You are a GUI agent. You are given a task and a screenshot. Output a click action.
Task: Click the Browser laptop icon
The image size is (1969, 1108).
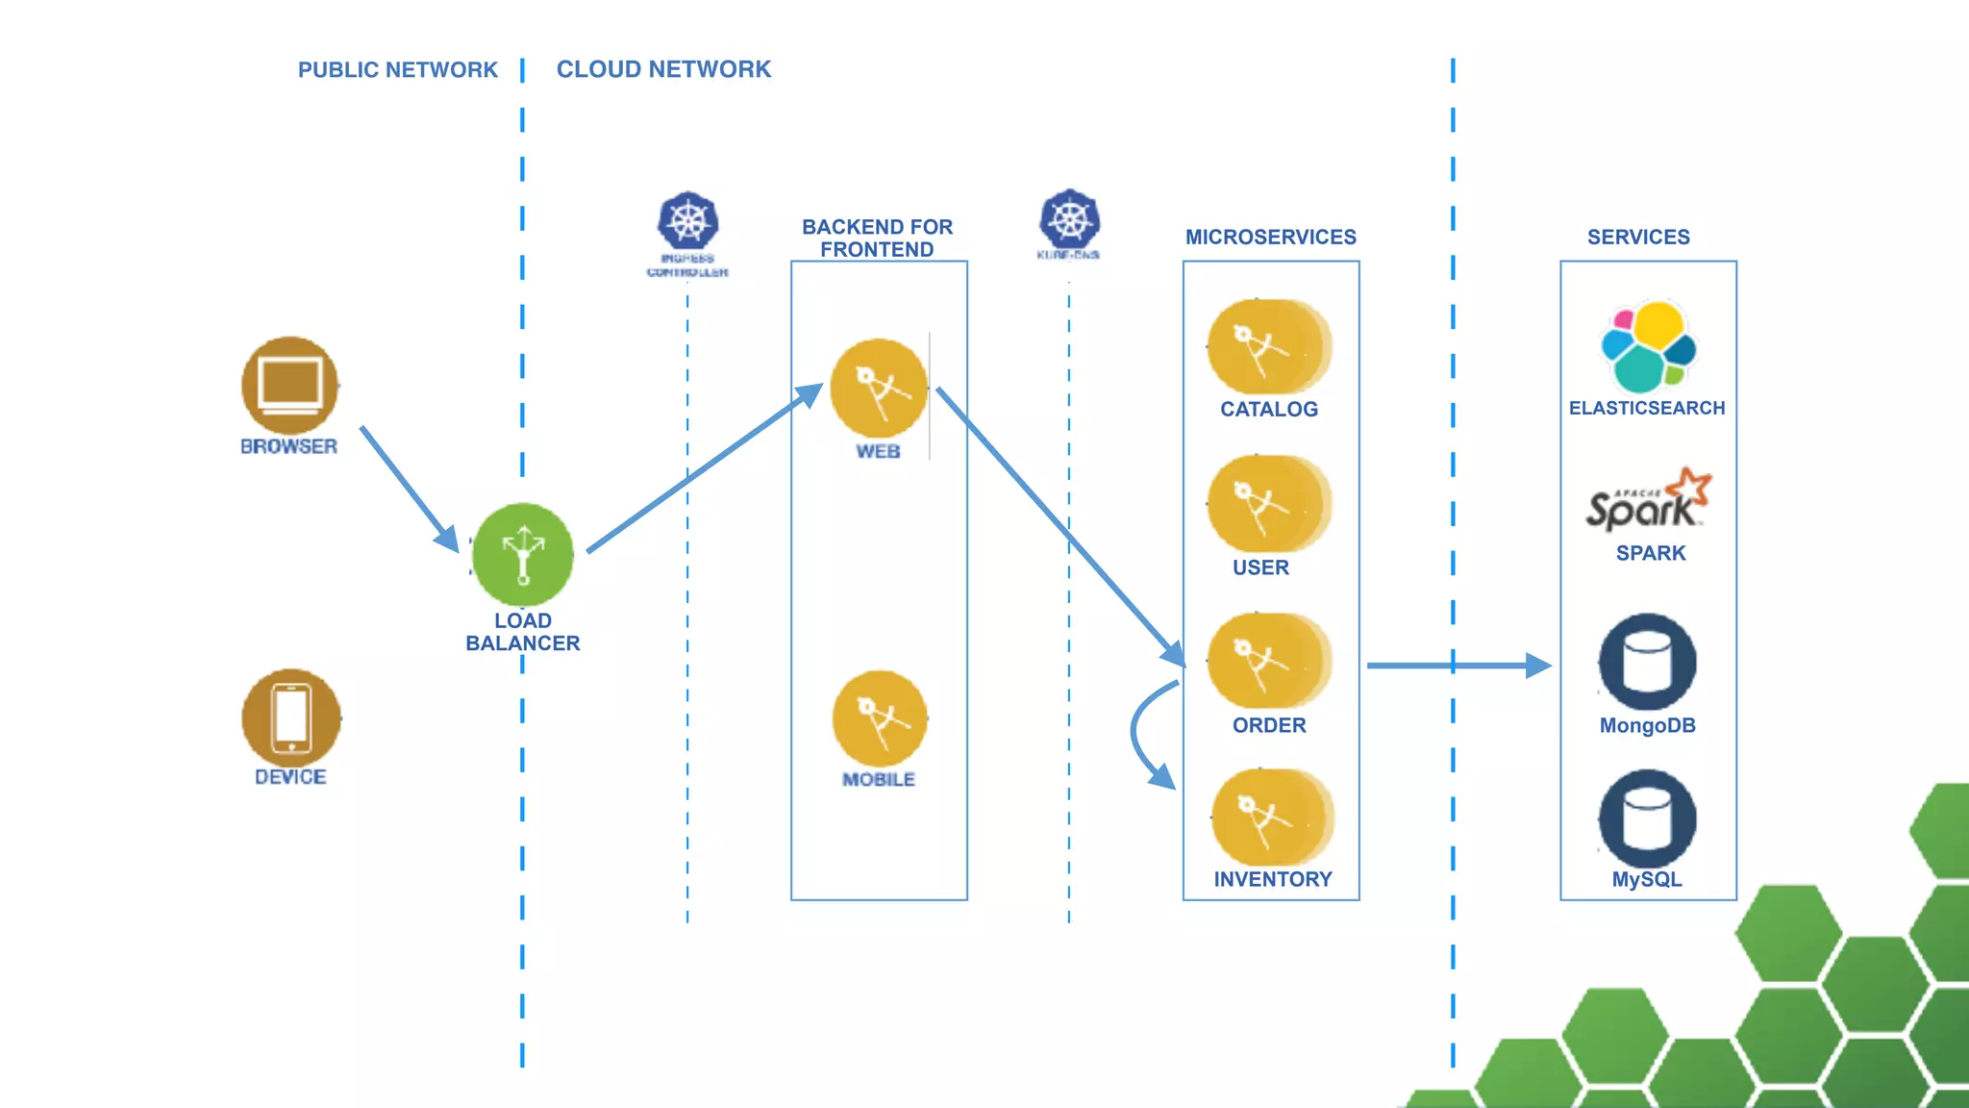[x=289, y=385]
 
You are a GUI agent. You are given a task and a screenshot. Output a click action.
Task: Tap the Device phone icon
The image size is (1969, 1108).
[x=291, y=718]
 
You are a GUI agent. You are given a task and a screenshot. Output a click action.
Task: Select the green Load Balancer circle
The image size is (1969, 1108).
[x=523, y=555]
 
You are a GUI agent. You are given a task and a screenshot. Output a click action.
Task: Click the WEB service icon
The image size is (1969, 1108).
[x=878, y=389]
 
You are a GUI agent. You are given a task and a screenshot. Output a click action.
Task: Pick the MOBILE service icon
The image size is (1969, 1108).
[x=880, y=718]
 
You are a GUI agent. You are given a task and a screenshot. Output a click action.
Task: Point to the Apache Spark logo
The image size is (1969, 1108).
[x=1648, y=500]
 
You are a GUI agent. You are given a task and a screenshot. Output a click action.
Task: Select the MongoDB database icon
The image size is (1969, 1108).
[x=1647, y=662]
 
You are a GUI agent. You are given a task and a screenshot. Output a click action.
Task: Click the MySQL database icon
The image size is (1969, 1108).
[x=1647, y=818]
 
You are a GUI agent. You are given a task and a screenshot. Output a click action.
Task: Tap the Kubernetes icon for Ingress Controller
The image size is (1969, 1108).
[x=687, y=221]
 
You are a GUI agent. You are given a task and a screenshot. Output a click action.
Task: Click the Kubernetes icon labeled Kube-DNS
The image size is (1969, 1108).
[x=1069, y=218]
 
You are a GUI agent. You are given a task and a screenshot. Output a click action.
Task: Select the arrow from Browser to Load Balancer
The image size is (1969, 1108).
[x=409, y=488]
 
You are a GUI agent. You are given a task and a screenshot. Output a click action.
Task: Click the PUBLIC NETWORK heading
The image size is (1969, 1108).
[x=397, y=70]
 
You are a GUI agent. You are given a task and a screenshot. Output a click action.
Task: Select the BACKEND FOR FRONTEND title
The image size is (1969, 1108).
[x=877, y=238]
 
